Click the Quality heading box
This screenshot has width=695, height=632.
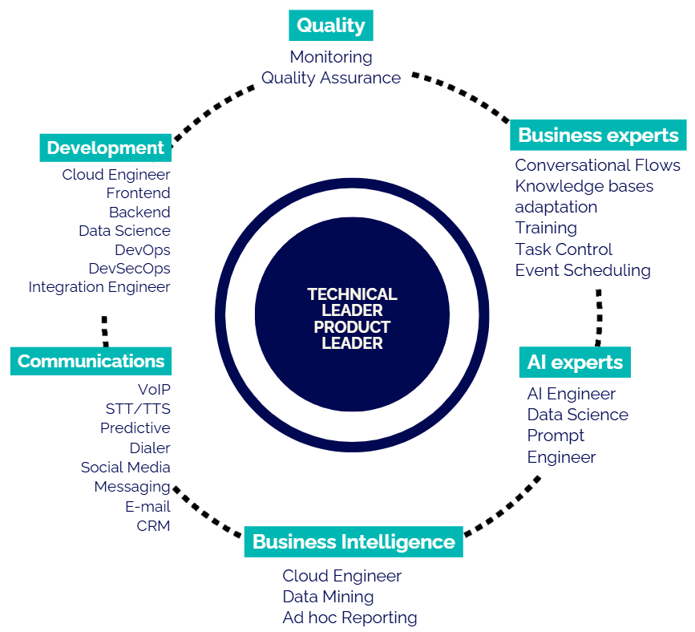(x=331, y=26)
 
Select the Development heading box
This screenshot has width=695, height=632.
(x=105, y=148)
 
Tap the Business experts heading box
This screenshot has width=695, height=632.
(x=598, y=136)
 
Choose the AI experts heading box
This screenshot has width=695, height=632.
(x=575, y=362)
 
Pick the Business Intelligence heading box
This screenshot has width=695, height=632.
(x=354, y=542)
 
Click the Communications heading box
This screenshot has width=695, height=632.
(x=91, y=361)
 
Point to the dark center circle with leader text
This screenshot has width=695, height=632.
(x=352, y=318)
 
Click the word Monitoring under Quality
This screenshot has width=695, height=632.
(x=331, y=57)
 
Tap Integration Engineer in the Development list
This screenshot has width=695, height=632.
(x=99, y=286)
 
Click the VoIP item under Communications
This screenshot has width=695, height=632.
(x=154, y=389)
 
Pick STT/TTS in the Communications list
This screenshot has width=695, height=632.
(x=138, y=408)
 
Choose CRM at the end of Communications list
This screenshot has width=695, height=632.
(x=153, y=526)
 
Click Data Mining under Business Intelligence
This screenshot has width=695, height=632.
(x=328, y=597)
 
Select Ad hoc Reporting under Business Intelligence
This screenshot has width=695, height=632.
(x=350, y=618)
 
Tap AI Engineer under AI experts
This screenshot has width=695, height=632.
(x=571, y=394)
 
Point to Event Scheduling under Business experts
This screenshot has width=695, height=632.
(x=583, y=270)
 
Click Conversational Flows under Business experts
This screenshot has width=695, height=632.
(x=597, y=165)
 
